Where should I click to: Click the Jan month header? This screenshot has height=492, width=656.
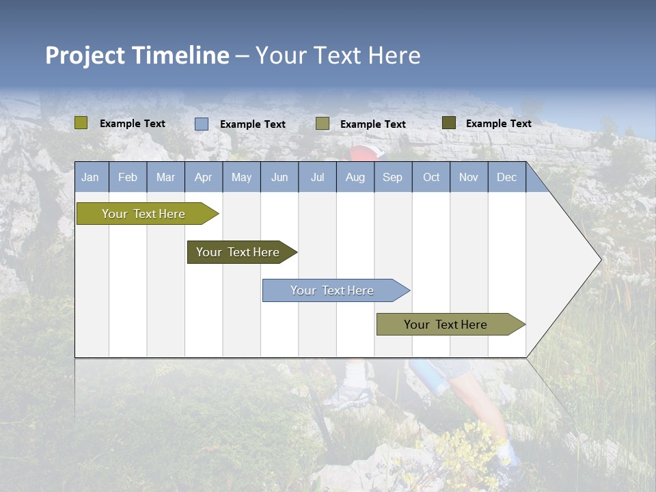90,177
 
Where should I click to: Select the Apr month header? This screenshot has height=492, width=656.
203,177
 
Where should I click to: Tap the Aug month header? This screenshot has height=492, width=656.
355,177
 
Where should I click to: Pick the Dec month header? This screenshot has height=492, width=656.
506,177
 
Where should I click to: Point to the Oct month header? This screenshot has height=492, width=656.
431,177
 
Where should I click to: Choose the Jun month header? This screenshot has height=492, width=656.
279,177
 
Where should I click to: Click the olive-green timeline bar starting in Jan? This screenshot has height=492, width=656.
143,214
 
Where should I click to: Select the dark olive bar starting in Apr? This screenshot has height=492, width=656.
238,252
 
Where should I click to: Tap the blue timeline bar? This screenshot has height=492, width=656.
332,290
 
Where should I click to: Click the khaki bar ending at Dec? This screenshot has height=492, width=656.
446,325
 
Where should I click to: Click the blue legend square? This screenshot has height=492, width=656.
202,124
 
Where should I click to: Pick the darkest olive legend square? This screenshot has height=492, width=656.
449,123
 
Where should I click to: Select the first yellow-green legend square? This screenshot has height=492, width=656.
81,123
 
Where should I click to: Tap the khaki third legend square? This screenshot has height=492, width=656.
323,124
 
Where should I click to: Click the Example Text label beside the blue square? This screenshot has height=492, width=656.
253,124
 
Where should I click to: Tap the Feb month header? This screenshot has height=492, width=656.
128,177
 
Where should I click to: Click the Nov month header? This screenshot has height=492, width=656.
469,177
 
